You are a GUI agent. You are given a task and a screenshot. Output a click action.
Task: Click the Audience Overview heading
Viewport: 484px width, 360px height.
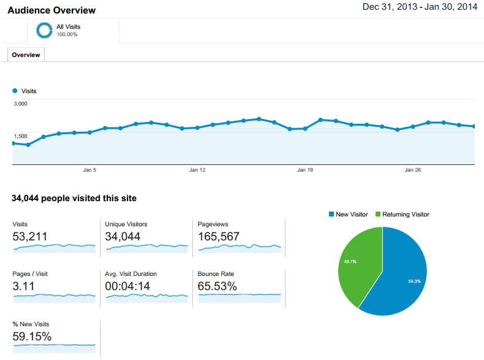pos(51,10)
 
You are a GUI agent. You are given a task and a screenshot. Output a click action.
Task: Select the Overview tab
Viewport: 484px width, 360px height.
pos(26,55)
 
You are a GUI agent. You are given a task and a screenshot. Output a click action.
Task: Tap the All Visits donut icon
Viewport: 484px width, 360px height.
pos(44,30)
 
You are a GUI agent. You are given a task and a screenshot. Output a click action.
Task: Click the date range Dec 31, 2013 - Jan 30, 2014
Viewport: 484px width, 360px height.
pos(420,7)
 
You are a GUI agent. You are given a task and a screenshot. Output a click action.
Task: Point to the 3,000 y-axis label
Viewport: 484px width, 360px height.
pos(21,104)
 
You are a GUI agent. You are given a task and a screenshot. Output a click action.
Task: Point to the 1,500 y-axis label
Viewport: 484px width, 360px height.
pos(21,136)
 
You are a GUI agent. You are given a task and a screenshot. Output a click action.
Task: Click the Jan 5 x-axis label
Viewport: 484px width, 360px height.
pos(89,170)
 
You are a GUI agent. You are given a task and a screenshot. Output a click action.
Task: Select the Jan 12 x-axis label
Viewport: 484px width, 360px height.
pos(197,170)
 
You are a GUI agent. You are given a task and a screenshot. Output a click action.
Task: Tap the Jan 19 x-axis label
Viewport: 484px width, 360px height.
pos(305,170)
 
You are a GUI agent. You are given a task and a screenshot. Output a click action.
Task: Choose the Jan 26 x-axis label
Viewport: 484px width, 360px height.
pos(413,170)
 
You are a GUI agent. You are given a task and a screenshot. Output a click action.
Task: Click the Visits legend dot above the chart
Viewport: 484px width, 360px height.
pos(15,91)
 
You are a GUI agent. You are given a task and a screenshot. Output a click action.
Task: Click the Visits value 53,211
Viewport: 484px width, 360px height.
pos(30,236)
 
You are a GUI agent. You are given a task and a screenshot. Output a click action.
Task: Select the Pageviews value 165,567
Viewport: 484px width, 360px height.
pos(219,236)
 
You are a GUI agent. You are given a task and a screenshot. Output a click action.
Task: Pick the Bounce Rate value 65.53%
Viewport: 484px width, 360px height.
pos(217,286)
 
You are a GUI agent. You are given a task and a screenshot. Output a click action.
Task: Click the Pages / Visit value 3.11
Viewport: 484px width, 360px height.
pos(23,286)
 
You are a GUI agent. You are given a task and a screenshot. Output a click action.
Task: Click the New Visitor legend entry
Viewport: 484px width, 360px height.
pos(349,214)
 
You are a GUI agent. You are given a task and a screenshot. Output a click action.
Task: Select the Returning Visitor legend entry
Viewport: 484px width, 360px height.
pos(403,214)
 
